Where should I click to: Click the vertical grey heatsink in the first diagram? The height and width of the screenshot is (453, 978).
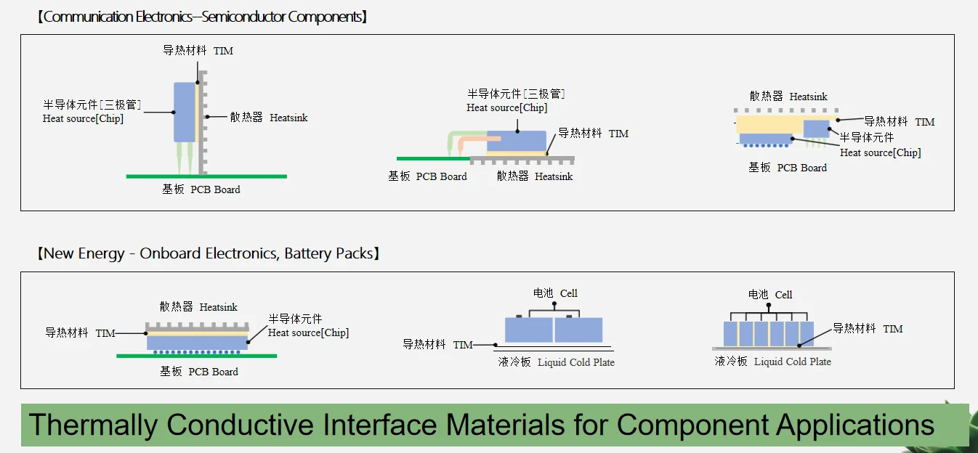202,123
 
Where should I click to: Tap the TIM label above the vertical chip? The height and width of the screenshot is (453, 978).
223,52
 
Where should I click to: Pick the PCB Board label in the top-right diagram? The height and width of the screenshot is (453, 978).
801,168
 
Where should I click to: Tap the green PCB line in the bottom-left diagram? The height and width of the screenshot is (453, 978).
196,356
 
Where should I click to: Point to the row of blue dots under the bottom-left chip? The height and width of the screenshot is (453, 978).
196,351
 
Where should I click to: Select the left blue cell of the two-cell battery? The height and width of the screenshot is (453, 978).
528,330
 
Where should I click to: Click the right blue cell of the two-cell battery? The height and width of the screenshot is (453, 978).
579,330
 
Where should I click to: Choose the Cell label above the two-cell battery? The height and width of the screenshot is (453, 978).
568,293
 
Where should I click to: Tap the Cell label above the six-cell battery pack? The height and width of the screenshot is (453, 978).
783,295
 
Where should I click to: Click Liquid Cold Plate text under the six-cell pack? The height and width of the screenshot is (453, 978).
792,362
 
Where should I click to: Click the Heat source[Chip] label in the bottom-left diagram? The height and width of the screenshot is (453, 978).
308,332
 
